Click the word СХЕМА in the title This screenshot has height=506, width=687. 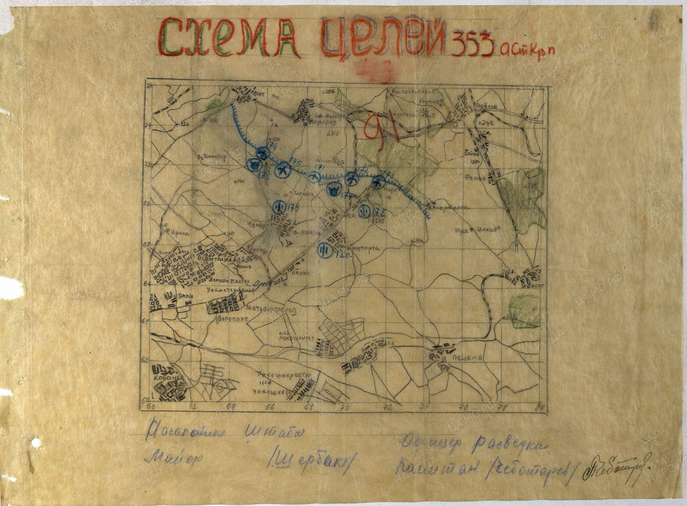(228, 38)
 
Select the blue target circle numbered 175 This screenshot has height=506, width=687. (283, 170)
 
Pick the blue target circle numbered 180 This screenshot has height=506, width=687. (324, 249)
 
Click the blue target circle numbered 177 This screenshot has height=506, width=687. (334, 188)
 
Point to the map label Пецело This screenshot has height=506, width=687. (468, 357)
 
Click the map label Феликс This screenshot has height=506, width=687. (475, 178)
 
